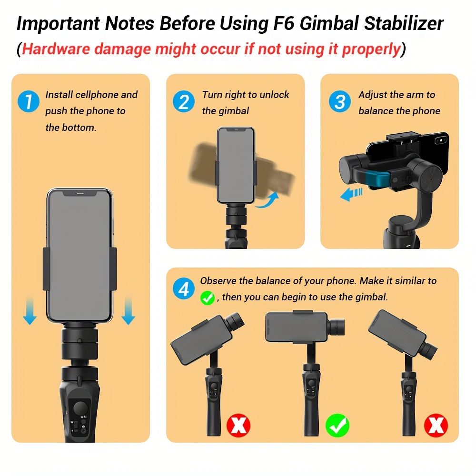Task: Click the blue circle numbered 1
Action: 29,101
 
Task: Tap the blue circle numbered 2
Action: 184,101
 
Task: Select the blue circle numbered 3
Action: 340,101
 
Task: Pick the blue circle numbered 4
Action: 184,288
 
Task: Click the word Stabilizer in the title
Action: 404,23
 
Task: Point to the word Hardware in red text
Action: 56,49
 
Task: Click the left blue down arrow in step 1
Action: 30,311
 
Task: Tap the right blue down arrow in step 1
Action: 128,311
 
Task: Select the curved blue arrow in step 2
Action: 267,201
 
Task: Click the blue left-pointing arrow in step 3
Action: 351,194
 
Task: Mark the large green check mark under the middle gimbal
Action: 337,425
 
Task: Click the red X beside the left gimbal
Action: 238,425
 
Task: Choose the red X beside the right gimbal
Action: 436,425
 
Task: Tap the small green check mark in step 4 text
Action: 208,298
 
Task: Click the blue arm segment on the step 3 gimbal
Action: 377,179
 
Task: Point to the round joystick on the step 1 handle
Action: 80,408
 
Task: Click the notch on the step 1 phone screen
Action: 79,193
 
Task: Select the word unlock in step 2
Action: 275,95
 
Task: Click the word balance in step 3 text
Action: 375,111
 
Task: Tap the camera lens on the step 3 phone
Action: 440,140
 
